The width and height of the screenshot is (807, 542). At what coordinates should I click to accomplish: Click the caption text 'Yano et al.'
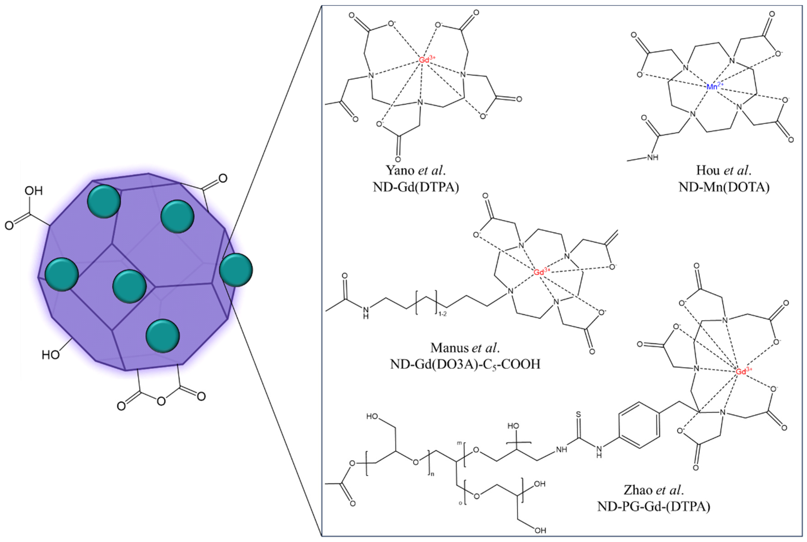[x=416, y=170]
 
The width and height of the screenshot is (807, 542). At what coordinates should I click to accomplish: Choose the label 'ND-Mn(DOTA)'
[x=724, y=187]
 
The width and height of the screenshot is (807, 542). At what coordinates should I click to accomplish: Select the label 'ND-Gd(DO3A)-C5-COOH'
[x=465, y=364]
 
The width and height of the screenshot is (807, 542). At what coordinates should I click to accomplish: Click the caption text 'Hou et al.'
[x=724, y=170]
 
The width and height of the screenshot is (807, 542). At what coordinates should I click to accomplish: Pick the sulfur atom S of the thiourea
[x=578, y=414]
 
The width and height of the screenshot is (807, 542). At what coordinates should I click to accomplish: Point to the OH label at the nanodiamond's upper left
[x=34, y=191]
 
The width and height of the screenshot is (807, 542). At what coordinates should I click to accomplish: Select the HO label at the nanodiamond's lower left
[x=50, y=355]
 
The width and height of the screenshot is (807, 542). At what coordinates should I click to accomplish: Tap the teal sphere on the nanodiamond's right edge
[x=236, y=270]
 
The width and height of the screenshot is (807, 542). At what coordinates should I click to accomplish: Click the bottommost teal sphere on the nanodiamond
[x=163, y=336]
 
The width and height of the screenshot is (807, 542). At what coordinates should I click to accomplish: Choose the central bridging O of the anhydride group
[x=161, y=401]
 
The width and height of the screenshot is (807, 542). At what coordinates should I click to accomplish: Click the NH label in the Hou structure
[x=652, y=158]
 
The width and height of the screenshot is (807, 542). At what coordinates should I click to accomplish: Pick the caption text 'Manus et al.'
[x=465, y=348]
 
